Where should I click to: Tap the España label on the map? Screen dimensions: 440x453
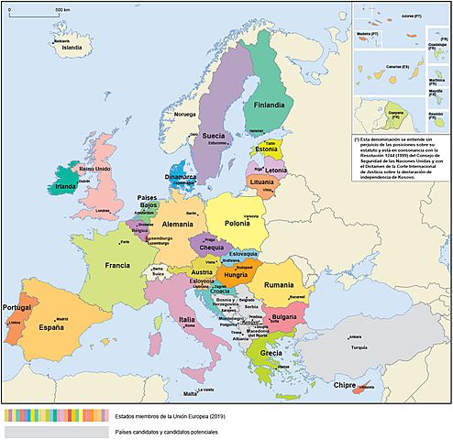pos(52,327)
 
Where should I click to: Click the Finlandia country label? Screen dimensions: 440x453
pos(269,104)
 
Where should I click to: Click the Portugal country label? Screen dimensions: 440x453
pos(19,307)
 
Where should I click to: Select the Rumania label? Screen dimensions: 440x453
pos(278,284)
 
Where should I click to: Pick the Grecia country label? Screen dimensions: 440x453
pos(271,353)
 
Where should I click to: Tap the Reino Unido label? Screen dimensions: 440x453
pos(95,170)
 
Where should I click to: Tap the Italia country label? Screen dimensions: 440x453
pos(187,319)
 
